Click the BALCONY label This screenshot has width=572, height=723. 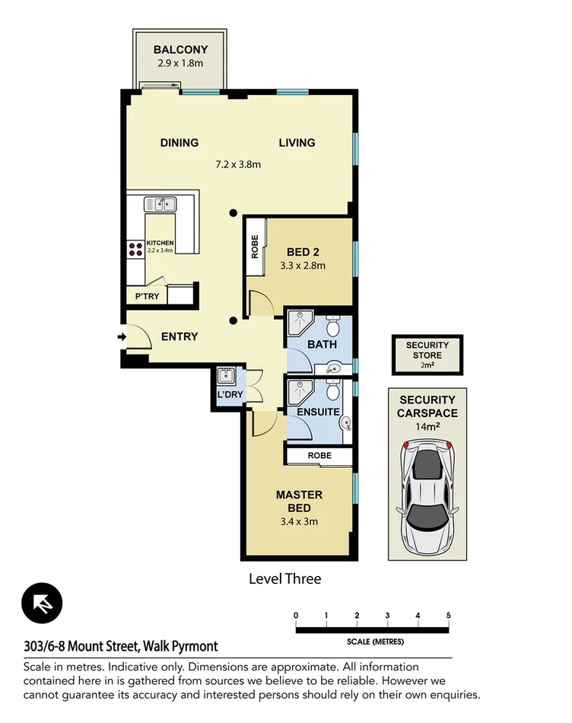point(180,50)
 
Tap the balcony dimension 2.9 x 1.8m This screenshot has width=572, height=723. point(180,63)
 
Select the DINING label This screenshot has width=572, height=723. point(180,142)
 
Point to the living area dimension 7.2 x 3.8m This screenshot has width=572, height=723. point(238,164)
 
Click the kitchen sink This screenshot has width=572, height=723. point(161,203)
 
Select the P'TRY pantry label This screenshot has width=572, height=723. point(147,296)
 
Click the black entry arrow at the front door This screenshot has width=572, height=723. point(121,336)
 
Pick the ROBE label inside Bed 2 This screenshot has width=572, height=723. point(255,247)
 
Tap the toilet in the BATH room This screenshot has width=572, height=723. point(332,327)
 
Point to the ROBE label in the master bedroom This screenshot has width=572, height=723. point(318,455)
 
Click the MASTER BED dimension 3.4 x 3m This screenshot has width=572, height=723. point(299,521)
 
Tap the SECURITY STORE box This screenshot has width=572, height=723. point(427,355)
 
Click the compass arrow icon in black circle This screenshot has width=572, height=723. point(43,604)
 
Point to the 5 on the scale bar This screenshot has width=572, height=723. point(449,615)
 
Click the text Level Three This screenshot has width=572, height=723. point(285,578)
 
